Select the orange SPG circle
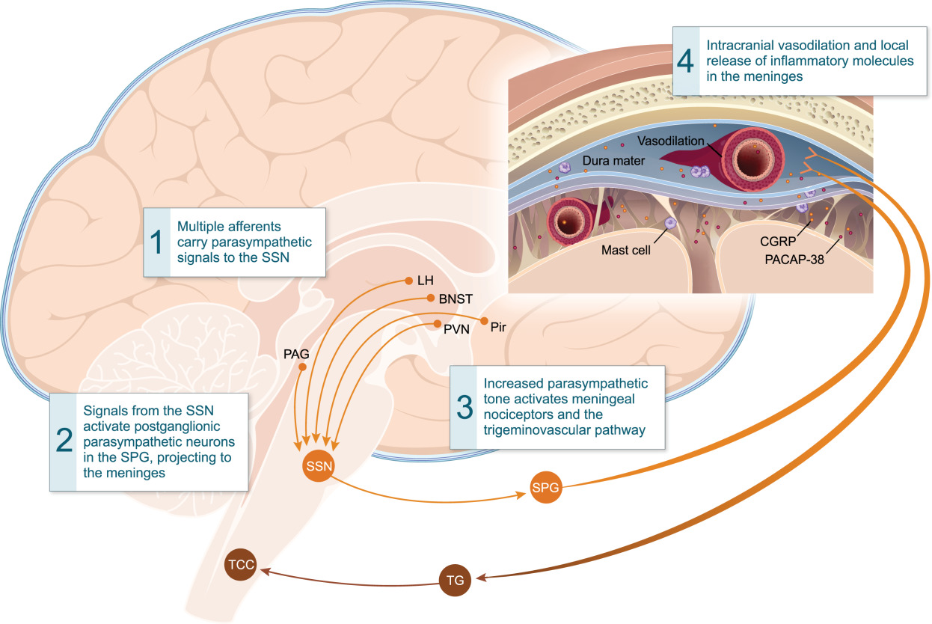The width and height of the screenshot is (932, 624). tap(545, 489)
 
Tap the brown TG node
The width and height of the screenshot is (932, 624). tap(455, 580)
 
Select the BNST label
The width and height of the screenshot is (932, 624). tap(454, 298)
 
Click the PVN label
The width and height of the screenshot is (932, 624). tap(456, 327)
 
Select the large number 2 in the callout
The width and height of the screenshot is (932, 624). tap(64, 442)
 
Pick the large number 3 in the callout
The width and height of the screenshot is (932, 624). tap(465, 407)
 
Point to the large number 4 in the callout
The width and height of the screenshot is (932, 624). tap(686, 61)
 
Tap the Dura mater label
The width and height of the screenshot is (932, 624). tap(610, 162)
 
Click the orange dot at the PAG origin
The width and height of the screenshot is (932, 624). tap(302, 367)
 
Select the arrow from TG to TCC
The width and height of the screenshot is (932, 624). tap(352, 575)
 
